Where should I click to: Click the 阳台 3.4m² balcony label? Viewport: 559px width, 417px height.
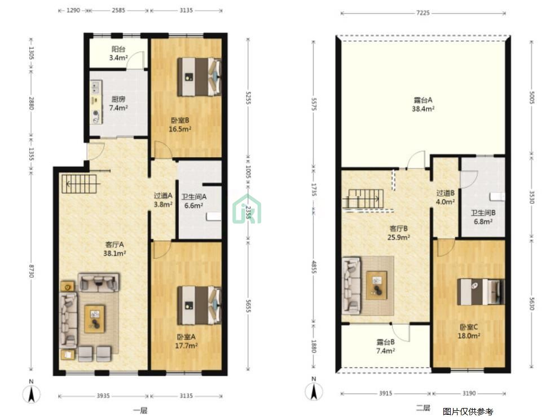click(x=118, y=53)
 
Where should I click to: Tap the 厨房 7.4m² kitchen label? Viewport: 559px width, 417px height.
click(x=118, y=103)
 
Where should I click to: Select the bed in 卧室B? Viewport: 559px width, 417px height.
click(x=199, y=77)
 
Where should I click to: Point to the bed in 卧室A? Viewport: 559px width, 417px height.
click(x=199, y=305)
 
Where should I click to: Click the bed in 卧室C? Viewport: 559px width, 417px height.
click(x=481, y=292)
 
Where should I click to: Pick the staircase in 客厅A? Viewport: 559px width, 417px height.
click(x=79, y=184)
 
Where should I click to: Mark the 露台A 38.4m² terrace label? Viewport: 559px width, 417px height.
click(x=423, y=104)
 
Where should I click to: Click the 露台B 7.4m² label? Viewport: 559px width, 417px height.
click(x=385, y=347)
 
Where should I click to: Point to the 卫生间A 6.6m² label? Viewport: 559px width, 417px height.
click(x=194, y=201)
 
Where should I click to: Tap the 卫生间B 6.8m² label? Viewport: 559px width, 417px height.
click(x=483, y=217)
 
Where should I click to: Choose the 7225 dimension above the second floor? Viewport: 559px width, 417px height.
click(x=423, y=13)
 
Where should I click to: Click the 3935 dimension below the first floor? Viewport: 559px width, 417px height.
click(x=103, y=396)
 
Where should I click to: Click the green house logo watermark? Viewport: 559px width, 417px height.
click(x=247, y=209)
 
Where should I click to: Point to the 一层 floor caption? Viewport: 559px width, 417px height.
click(x=140, y=411)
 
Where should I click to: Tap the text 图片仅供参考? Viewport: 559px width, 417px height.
click(x=468, y=412)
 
